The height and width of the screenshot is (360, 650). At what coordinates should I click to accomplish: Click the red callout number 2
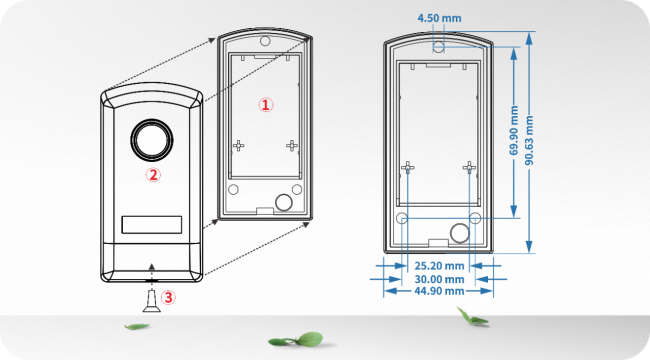pos(153,174)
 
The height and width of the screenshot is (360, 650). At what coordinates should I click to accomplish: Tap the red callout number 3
pos(168,296)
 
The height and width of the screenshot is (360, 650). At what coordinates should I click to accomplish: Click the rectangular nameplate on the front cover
pos(152,224)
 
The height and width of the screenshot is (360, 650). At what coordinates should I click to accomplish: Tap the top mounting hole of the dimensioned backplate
pos(438,46)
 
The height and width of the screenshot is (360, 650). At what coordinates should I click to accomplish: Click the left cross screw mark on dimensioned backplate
pos(407,167)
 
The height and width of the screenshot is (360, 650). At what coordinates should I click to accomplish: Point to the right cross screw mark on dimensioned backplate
pos(467,167)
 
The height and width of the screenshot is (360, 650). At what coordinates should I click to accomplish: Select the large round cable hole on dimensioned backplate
pos(459,233)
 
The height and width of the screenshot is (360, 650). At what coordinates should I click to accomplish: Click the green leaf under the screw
pos(137,326)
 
